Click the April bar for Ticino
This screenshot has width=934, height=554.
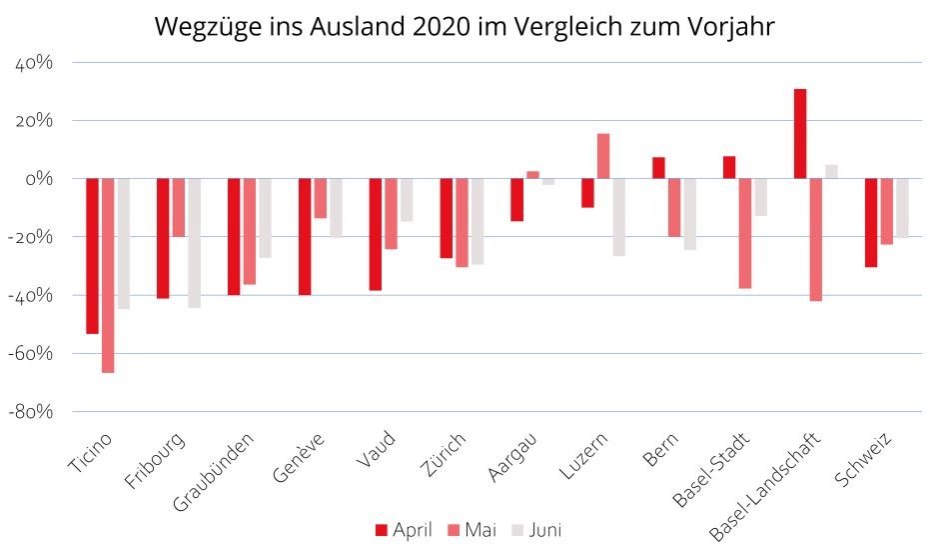(x=92, y=256)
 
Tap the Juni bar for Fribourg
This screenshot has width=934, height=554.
(x=194, y=243)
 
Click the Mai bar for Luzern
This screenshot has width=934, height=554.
(x=603, y=156)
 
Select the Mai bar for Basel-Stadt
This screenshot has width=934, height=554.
(x=745, y=233)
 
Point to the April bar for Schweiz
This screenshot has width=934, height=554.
(x=871, y=223)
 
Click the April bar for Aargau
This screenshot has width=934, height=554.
(x=516, y=199)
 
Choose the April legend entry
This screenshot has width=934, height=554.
(x=404, y=530)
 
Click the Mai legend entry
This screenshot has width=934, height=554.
(x=469, y=530)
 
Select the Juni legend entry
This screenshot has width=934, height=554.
(x=536, y=530)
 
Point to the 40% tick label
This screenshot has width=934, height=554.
(x=33, y=63)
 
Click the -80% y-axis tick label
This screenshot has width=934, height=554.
(x=31, y=411)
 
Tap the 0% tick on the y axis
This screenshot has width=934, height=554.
(x=40, y=179)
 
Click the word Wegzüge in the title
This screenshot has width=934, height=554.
(x=202, y=27)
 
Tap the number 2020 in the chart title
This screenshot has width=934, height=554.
(x=441, y=27)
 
